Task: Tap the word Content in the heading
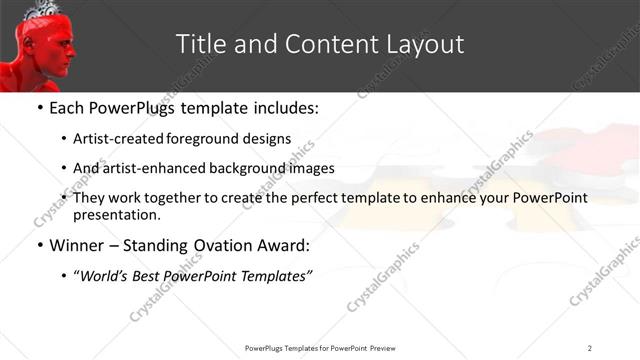(319, 44)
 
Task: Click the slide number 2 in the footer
(589, 347)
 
